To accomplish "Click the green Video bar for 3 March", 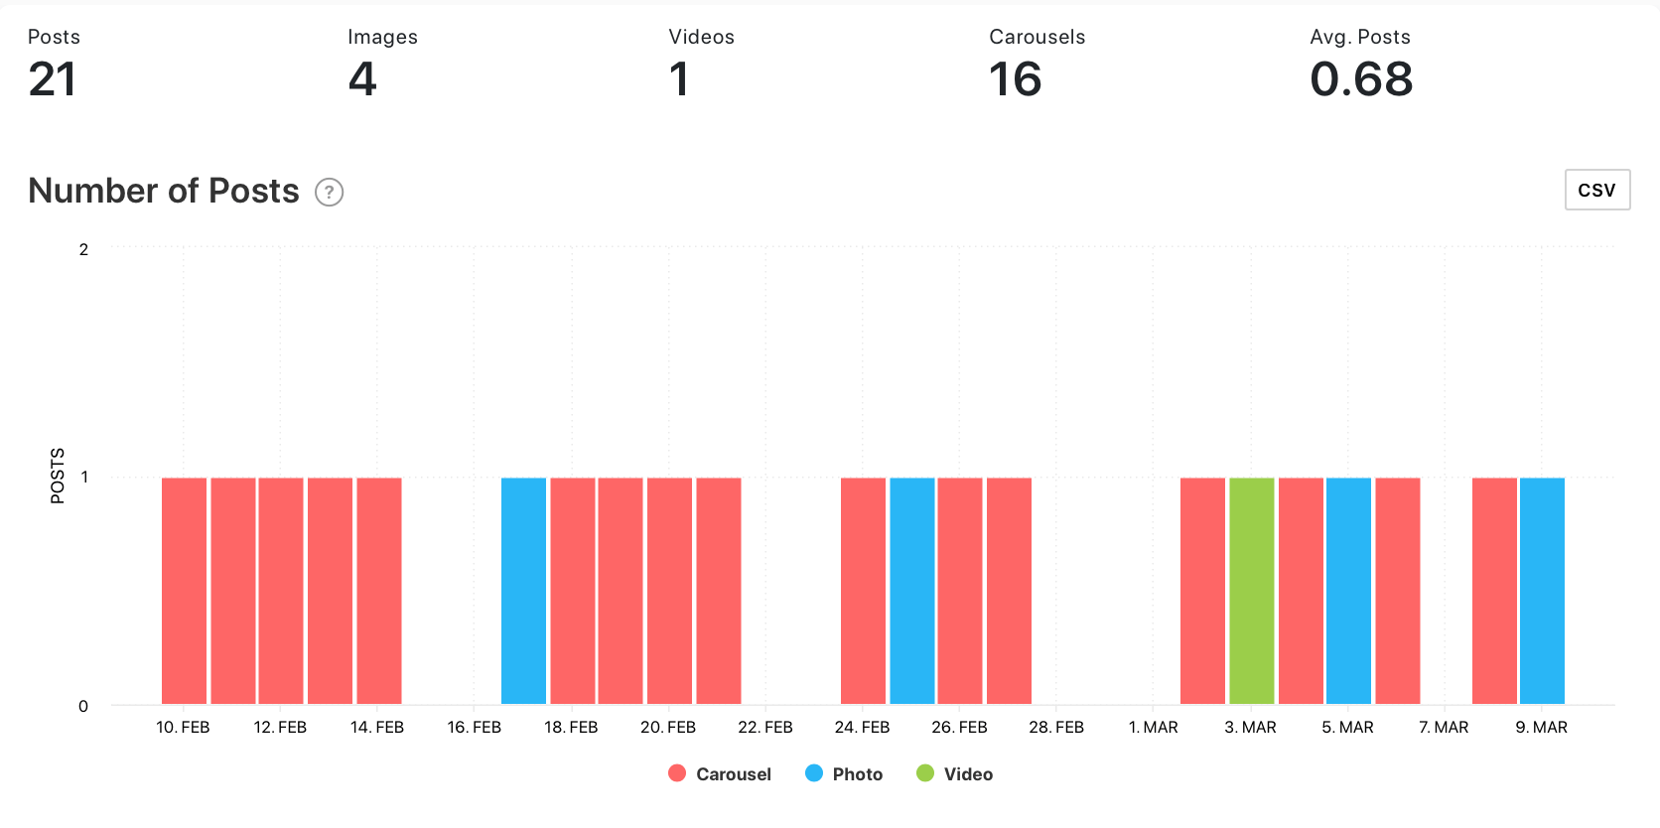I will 1251,591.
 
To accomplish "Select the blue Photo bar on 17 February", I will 523,591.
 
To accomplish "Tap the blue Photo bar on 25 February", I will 911,591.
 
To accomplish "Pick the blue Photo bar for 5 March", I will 1348,591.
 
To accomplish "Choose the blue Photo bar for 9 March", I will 1542,591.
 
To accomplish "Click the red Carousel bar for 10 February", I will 184,591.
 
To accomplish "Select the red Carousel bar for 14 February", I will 378,591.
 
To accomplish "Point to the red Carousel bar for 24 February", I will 863,591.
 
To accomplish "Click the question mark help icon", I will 329,192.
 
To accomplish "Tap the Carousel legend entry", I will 721,774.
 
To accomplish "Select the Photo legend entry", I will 845,774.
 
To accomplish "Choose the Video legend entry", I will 955,774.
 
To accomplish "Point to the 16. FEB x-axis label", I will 474,728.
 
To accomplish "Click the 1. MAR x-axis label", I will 1153,728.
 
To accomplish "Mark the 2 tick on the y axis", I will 83,249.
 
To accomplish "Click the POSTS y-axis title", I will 58,476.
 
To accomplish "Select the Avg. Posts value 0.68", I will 1361,79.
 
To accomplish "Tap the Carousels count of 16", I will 1015,79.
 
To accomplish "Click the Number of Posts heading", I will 164,191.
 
